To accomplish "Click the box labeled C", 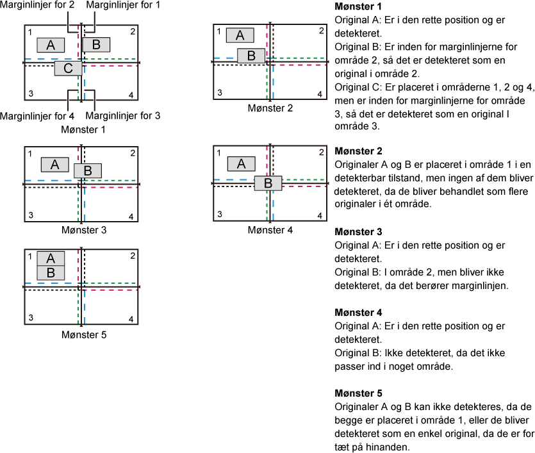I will [68, 69].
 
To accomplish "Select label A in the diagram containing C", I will [51, 45].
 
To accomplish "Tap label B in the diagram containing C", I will [96, 45].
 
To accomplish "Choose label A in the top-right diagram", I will [240, 35].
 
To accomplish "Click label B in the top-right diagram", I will [251, 56].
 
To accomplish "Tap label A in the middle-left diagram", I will [54, 165].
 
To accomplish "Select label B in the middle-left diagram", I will [88, 171].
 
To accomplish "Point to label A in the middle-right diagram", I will [241, 164].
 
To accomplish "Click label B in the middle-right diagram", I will [268, 183].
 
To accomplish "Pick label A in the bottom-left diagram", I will [51, 259].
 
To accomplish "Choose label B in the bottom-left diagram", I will [51, 273].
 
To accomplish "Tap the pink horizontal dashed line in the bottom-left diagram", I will [110, 290].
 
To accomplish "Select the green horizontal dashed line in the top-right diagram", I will [299, 58].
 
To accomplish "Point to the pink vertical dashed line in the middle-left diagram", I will [78, 154].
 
